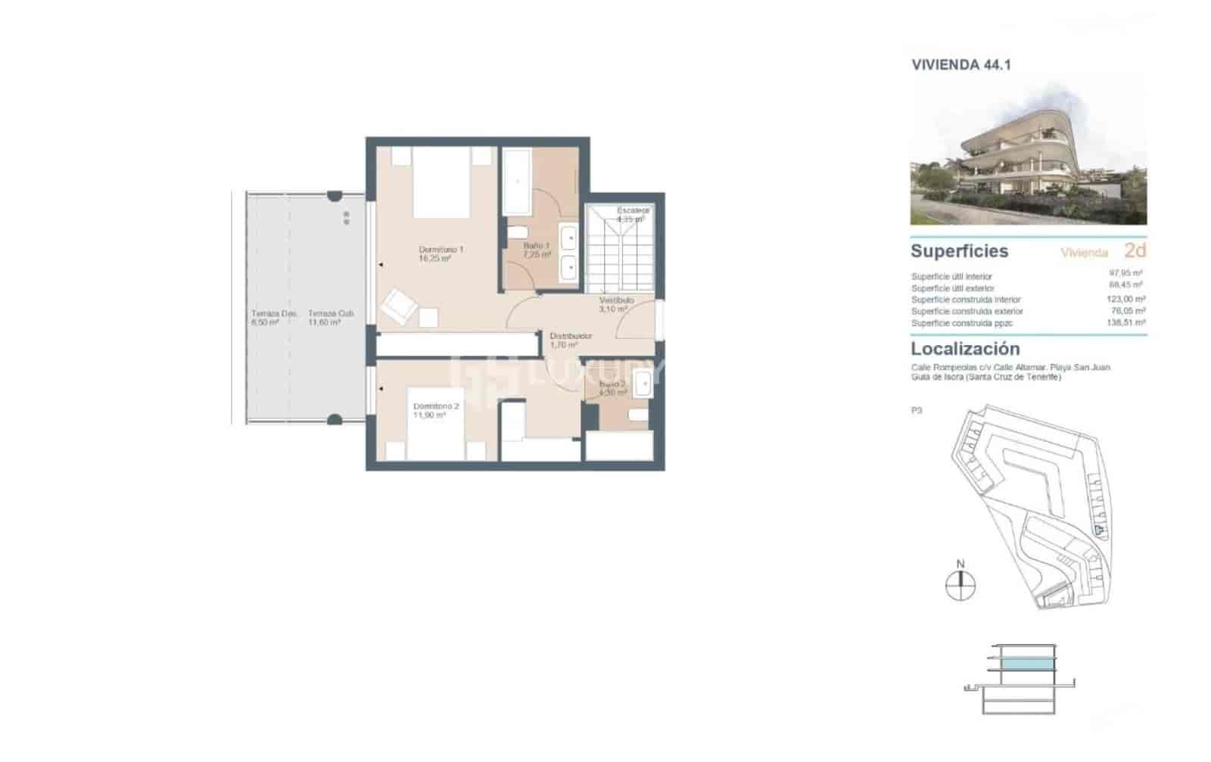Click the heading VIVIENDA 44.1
click(x=960, y=65)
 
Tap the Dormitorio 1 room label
click(x=441, y=253)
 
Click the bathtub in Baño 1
click(x=518, y=181)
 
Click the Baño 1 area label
click(x=537, y=250)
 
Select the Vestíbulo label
click(x=616, y=304)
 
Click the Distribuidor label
click(x=570, y=340)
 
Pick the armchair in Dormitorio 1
click(x=397, y=305)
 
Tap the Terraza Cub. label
click(x=330, y=317)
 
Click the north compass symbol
click(x=960, y=585)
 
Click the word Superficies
click(x=959, y=250)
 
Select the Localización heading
click(x=965, y=349)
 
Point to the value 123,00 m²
click(x=1125, y=300)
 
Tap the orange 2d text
click(x=1135, y=250)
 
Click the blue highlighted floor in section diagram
click(x=1026, y=664)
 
